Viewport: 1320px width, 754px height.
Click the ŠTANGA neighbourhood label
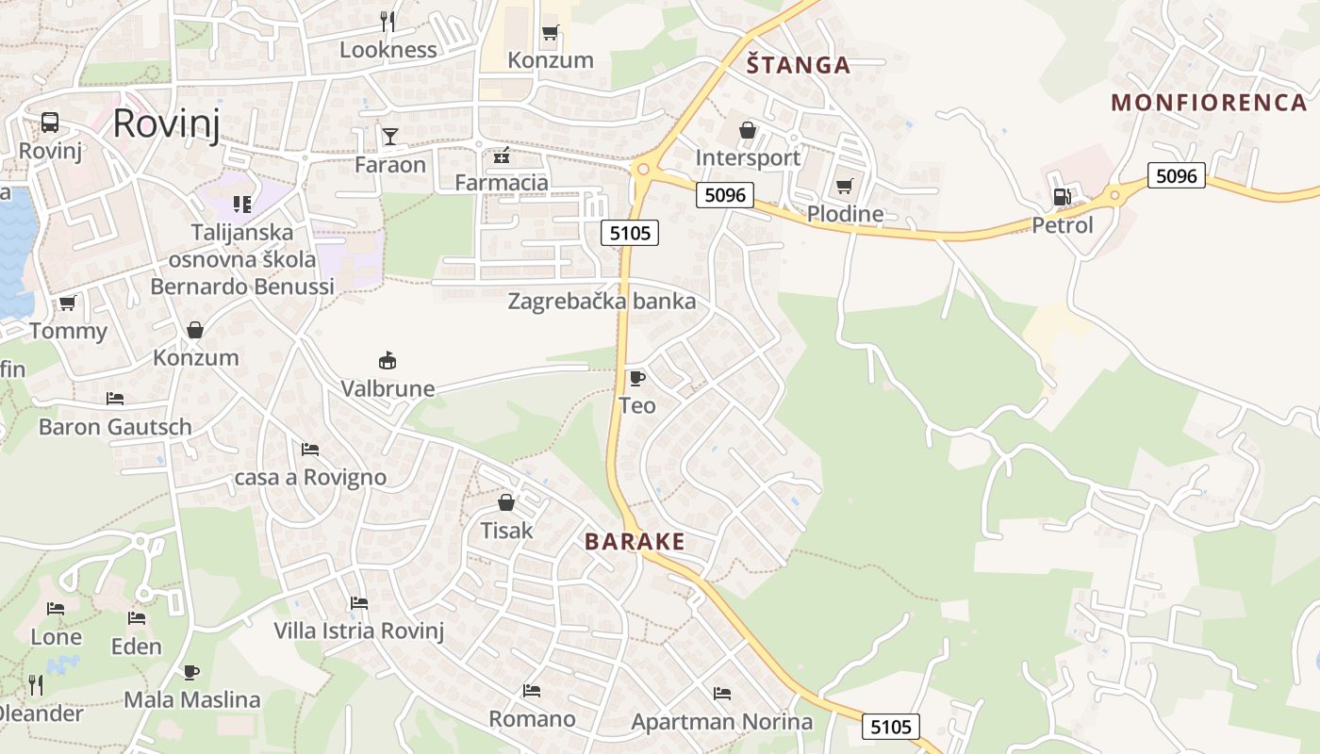[798, 65]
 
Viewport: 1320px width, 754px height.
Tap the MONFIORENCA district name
[1209, 102]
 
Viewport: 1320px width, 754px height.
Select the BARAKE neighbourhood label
[635, 542]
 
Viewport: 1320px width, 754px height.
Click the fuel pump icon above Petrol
[1062, 197]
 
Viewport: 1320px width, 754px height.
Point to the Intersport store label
[748, 157]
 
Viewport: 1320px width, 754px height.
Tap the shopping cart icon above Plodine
[844, 186]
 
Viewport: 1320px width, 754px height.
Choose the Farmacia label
[502, 182]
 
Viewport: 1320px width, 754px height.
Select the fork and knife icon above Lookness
[387, 21]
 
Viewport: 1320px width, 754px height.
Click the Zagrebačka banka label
[602, 302]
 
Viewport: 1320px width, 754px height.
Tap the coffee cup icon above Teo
[637, 378]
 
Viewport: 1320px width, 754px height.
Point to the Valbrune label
[388, 388]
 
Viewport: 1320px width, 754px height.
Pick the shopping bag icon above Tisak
[506, 502]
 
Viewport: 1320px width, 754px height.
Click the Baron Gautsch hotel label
[115, 427]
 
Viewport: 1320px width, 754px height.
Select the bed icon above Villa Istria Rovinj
[358, 603]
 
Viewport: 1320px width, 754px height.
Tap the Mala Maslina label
[192, 700]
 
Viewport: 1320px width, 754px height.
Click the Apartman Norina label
[721, 723]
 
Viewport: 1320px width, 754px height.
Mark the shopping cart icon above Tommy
[67, 303]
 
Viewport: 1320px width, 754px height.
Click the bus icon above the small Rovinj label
[50, 123]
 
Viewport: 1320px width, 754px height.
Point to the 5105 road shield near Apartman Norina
[891, 727]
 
